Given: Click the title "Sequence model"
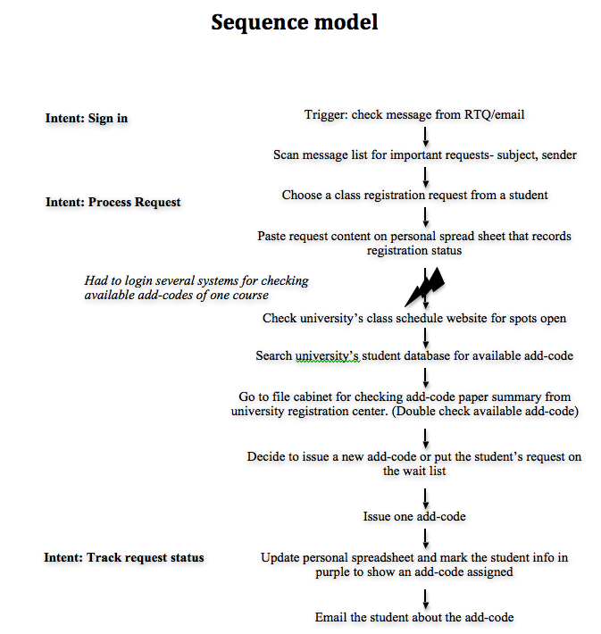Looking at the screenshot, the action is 295,21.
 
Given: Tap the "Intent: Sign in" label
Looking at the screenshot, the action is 87,118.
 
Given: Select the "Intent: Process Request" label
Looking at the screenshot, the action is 113,202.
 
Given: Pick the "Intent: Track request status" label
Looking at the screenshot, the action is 124,557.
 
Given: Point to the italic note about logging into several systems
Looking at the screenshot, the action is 196,288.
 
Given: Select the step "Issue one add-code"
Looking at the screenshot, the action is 414,516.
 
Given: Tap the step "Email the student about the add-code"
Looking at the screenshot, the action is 414,617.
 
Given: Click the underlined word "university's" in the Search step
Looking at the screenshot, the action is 327,355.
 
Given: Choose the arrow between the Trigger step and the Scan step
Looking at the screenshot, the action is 425,137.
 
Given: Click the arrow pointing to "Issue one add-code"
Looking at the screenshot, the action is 425,498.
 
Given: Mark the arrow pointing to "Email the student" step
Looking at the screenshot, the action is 425,599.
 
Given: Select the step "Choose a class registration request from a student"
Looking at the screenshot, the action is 414,195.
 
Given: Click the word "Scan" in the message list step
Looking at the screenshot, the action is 286,154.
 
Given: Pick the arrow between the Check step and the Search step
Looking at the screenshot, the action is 425,338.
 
